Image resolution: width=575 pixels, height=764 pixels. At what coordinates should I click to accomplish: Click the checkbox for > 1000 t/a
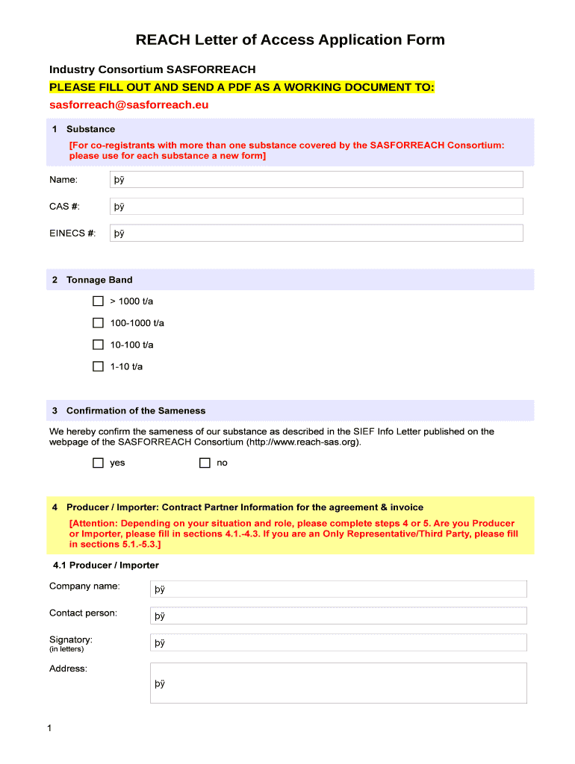(98, 301)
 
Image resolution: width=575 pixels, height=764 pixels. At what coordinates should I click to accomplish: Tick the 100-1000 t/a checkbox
(98, 323)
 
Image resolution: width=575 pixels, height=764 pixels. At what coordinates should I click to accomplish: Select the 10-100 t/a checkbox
(98, 345)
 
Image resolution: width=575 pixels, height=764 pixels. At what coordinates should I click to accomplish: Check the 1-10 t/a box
(98, 366)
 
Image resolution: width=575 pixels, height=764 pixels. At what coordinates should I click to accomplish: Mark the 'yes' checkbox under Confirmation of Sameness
(98, 463)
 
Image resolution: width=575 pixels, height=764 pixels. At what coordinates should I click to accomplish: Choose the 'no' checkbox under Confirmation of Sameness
(205, 463)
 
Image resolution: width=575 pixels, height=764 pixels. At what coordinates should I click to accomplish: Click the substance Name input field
(316, 180)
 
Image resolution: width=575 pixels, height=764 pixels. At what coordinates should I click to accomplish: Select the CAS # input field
(316, 207)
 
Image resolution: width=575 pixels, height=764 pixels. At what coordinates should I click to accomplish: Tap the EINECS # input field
(316, 234)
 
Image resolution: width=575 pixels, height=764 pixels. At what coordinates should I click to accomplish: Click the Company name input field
(338, 589)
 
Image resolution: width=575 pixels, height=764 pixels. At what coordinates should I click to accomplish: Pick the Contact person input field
(338, 616)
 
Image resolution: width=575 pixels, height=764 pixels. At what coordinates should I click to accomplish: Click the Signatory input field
(338, 643)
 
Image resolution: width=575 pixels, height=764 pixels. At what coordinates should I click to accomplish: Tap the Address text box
(338, 683)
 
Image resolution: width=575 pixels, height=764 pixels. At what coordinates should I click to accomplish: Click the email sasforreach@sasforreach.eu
(128, 105)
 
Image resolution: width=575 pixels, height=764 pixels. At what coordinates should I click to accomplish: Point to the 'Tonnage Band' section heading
(99, 281)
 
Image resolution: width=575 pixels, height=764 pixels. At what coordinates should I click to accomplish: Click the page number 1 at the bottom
(49, 728)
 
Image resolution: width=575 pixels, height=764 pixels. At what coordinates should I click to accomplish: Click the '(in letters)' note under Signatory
(66, 649)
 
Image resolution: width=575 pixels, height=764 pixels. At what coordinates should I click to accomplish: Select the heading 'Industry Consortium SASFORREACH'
(152, 69)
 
